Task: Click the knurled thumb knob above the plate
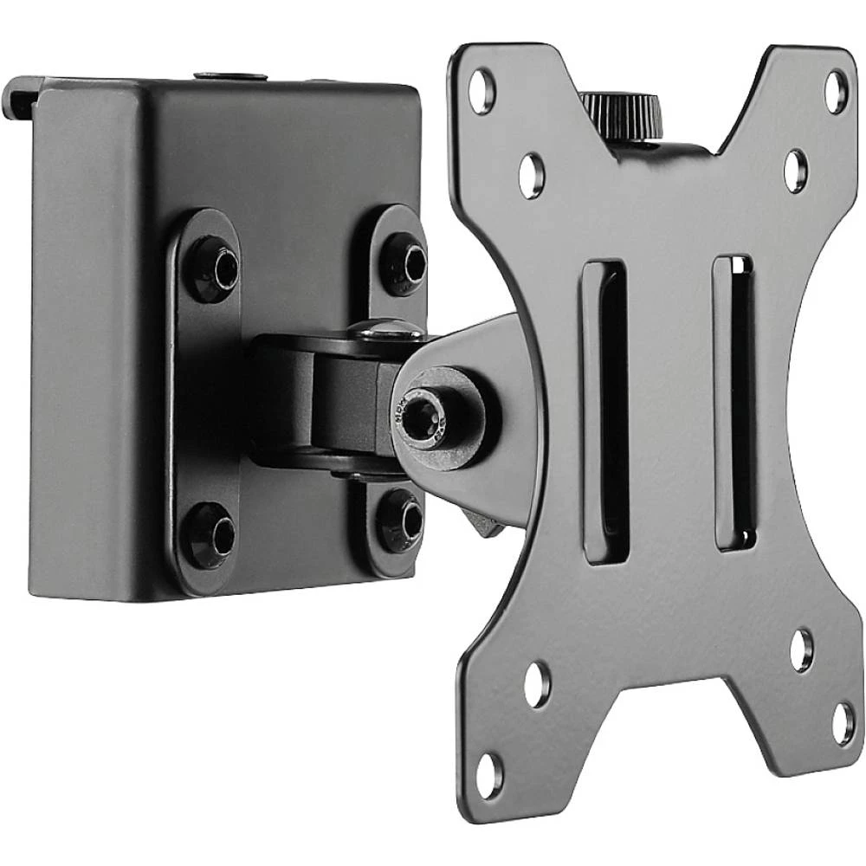tap(621, 110)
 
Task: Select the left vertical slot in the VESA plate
tap(604, 411)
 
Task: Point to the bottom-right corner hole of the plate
tap(843, 724)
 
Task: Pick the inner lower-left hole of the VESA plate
tap(536, 684)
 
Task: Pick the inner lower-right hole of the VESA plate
tap(801, 649)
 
